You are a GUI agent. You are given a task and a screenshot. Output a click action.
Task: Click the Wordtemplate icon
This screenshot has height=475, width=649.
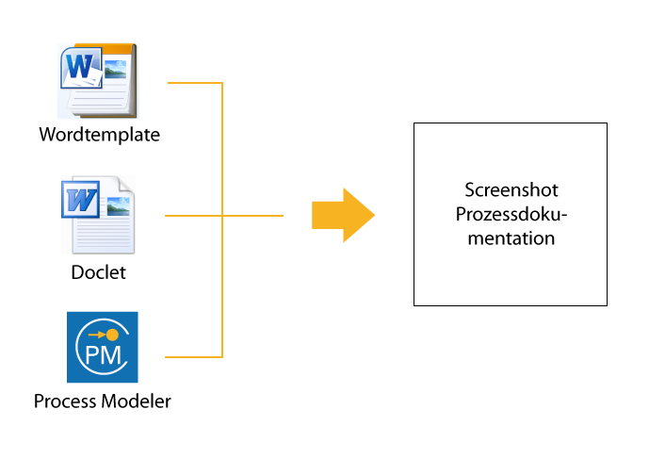pos(98,81)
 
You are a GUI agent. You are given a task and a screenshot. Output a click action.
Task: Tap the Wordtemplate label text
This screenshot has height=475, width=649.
pos(99,135)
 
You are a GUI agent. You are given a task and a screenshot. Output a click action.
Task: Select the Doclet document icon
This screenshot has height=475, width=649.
pos(98,215)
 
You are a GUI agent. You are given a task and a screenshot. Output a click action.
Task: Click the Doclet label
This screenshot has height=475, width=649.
pos(99,272)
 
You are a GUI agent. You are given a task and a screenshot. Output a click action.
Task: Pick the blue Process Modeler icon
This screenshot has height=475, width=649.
pos(103,347)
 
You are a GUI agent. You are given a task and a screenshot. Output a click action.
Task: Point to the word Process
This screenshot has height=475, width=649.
pos(65,401)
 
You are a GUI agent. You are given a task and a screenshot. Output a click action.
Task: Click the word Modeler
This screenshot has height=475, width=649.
pos(137,401)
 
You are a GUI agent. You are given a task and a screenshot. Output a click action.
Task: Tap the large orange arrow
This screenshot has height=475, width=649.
pos(343,215)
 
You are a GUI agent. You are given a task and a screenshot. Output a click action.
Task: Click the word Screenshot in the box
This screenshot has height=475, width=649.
pos(511,190)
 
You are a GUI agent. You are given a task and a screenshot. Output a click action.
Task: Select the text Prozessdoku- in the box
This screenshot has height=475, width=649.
pos(511,215)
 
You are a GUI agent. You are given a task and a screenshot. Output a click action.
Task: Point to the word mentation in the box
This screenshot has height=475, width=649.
pos(511,238)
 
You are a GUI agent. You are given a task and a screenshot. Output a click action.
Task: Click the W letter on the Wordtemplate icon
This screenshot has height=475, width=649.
pos(79,66)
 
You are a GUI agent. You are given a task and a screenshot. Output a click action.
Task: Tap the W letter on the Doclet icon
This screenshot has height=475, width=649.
pos(81,200)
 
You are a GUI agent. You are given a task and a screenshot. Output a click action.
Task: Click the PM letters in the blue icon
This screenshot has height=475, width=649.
pos(103,355)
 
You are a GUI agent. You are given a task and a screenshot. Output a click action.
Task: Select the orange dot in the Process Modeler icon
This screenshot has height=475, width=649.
pos(112,335)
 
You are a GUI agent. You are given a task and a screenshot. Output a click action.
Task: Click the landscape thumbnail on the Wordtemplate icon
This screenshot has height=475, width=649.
pos(116,69)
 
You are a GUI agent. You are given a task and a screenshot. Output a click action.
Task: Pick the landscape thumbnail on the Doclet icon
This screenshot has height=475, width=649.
pos(119,206)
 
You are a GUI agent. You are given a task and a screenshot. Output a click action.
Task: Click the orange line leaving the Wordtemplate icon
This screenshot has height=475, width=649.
pos(195,83)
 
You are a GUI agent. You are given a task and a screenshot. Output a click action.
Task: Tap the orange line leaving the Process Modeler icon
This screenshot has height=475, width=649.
pos(194,356)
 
